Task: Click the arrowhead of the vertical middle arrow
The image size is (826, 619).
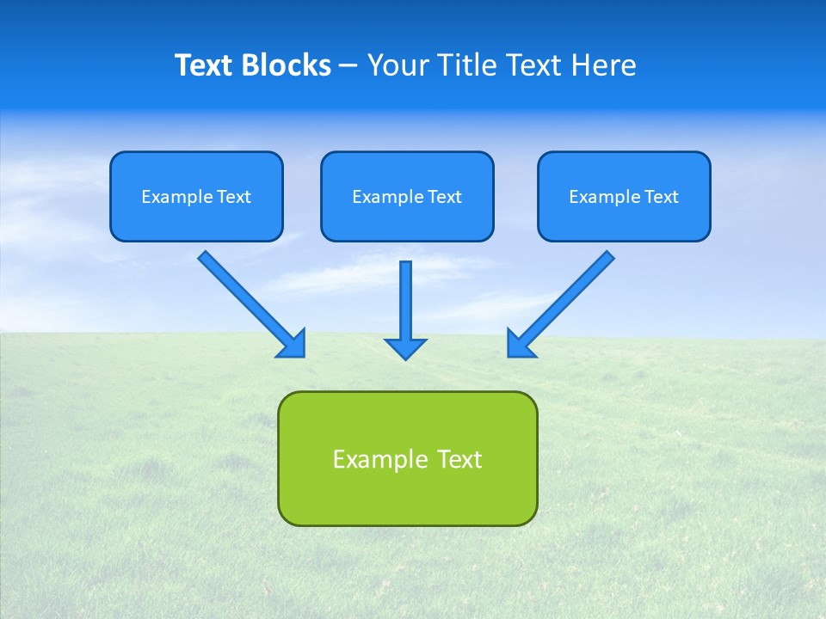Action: [x=405, y=348]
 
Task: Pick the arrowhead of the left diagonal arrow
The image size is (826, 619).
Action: [x=293, y=344]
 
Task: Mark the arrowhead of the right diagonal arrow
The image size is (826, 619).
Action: [x=520, y=344]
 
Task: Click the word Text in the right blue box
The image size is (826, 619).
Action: [x=662, y=197]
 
